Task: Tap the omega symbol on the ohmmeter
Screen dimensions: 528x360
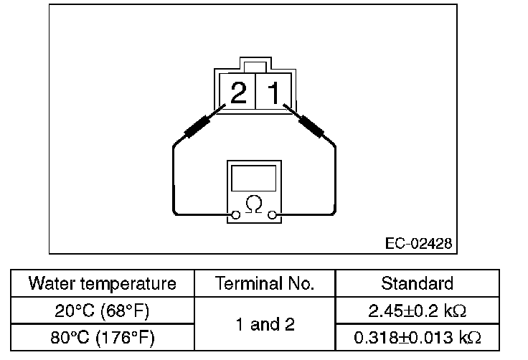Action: [x=253, y=205]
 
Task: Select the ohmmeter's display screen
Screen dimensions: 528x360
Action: [x=253, y=178]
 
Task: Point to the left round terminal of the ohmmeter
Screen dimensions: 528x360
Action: [x=235, y=214]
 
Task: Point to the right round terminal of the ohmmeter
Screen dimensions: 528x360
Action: [x=272, y=214]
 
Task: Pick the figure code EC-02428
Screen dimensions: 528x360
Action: [x=418, y=244]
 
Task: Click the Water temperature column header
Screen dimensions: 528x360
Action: [x=102, y=283]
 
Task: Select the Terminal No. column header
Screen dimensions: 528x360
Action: [x=265, y=283]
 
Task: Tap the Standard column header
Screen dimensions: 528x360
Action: [x=417, y=283]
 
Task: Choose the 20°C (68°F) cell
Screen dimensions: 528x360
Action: [x=102, y=311]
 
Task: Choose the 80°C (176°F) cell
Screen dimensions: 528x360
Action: [x=102, y=337]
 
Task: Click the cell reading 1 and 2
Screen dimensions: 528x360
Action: [x=265, y=324]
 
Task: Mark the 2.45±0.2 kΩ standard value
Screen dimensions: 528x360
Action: [x=418, y=311]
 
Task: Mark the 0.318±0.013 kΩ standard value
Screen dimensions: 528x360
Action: [x=418, y=337]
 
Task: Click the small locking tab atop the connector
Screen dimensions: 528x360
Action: [x=254, y=64]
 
